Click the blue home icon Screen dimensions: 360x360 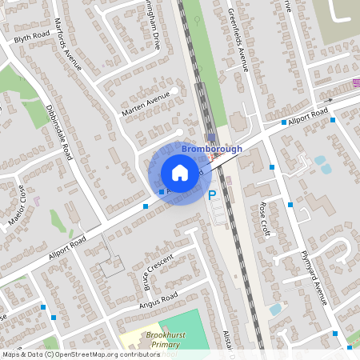(180, 172)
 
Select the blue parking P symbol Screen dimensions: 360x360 (212, 194)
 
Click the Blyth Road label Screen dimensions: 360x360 (32, 37)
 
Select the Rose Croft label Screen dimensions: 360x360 (265, 218)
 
